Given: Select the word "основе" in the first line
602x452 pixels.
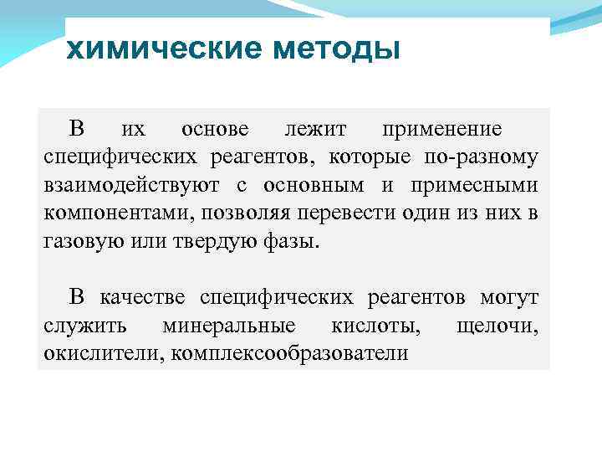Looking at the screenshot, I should [215, 130].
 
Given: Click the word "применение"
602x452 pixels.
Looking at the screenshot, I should [442, 130].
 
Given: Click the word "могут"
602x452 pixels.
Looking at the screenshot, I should [509, 297].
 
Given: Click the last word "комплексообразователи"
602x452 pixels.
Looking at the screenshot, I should [289, 353].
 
